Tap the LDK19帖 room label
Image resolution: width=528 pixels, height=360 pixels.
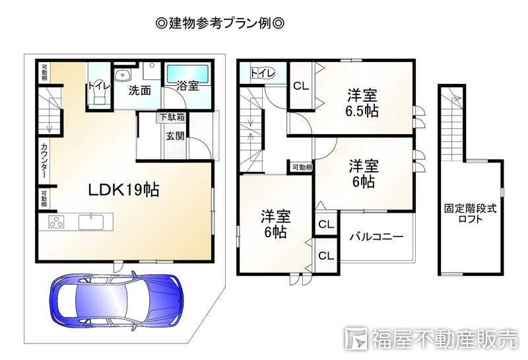point(123,190)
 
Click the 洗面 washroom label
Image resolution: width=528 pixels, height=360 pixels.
point(140,89)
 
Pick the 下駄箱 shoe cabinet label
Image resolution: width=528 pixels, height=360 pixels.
point(172,118)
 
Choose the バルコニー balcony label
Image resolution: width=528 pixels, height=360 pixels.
point(376,236)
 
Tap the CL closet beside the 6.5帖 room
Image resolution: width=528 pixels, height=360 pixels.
point(301,85)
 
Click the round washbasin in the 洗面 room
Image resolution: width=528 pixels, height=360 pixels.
point(121,74)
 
